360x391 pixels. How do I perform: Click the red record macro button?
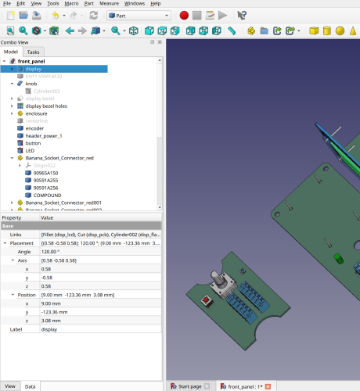(x=184, y=15)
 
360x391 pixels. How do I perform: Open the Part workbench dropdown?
(x=139, y=15)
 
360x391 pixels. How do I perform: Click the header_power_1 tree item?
(x=44, y=136)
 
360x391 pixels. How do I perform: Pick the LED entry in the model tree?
(x=31, y=151)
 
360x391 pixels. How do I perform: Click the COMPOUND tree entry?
(x=48, y=195)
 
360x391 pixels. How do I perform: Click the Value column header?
(x=47, y=218)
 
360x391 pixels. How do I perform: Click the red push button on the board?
(x=207, y=300)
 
